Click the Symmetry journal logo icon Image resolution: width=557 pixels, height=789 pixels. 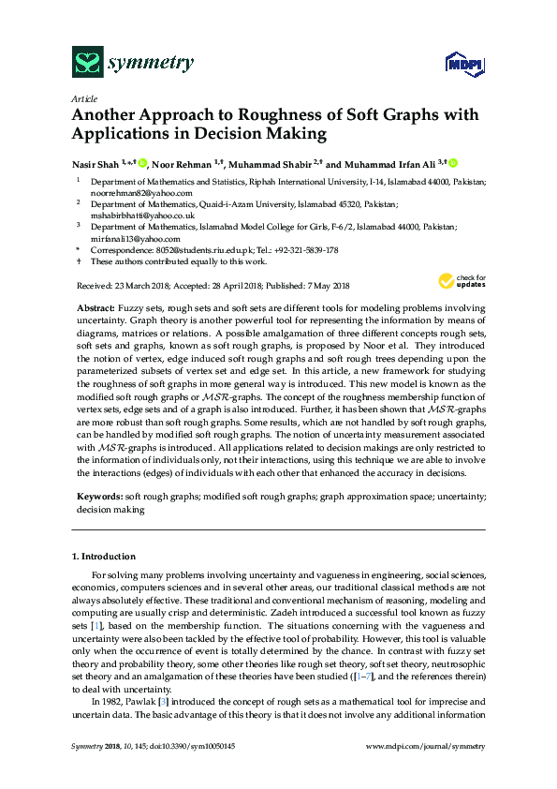[x=87, y=63]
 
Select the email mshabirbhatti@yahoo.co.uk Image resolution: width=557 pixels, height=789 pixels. [x=136, y=215]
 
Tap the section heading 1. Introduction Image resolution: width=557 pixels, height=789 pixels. [x=103, y=557]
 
